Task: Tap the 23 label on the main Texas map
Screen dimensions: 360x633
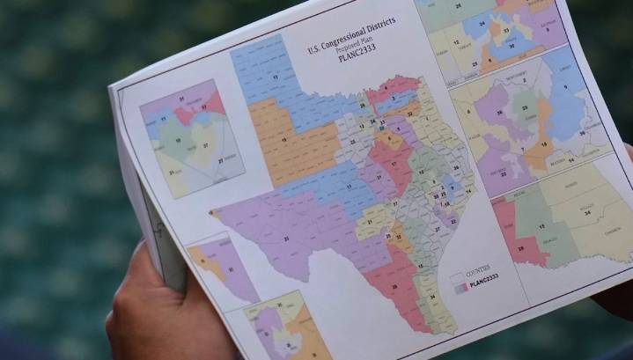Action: (285, 239)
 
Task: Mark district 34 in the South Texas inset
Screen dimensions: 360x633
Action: (585, 213)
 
